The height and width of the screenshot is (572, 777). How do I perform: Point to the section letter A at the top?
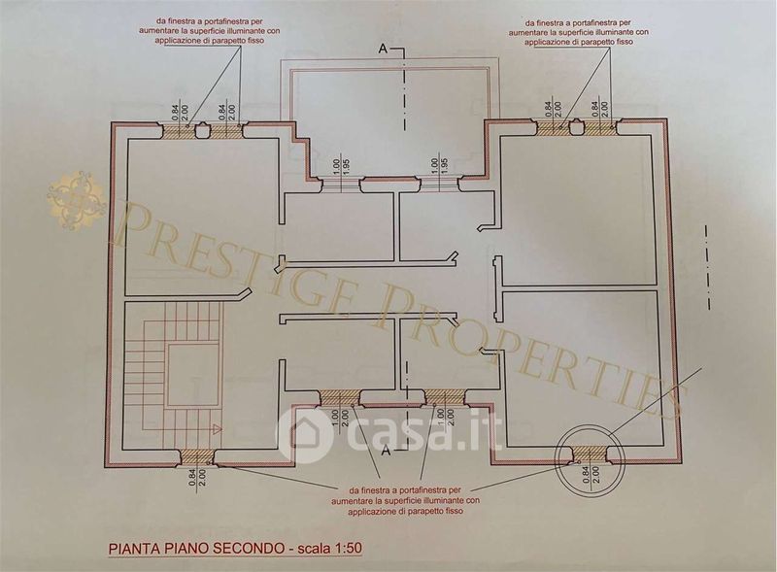click(x=384, y=48)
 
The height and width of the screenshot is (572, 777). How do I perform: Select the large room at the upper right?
click(x=577, y=209)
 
